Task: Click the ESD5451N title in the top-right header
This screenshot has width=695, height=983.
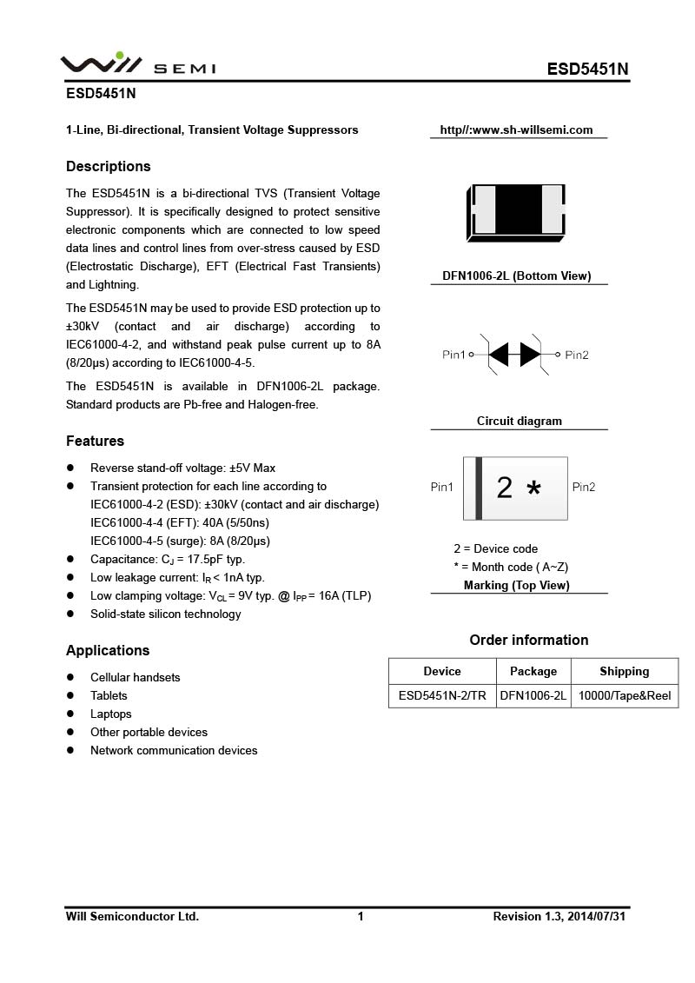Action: [x=587, y=70]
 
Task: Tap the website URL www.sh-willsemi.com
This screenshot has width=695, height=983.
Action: [x=516, y=130]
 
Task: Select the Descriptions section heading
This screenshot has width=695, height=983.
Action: [x=109, y=166]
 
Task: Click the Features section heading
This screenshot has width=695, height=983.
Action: [x=95, y=441]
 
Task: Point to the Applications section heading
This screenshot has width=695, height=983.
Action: [x=108, y=650]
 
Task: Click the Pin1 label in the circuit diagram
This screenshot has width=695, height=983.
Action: [x=454, y=355]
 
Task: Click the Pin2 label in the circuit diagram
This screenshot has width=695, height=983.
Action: [x=577, y=355]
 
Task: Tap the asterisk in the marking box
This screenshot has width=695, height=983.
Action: [x=533, y=489]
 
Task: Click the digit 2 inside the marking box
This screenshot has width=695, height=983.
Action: [x=504, y=488]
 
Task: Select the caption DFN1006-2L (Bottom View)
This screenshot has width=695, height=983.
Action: [x=516, y=276]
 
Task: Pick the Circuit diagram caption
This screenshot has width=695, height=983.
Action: [x=520, y=421]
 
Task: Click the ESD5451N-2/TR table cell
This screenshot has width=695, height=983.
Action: [x=442, y=696]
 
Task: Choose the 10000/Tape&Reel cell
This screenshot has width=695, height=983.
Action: [x=625, y=696]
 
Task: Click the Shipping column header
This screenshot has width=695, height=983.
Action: [x=625, y=671]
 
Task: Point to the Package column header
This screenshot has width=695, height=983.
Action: [x=533, y=671]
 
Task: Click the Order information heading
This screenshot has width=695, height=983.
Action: [x=529, y=640]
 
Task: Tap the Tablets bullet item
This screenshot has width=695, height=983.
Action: [x=109, y=695]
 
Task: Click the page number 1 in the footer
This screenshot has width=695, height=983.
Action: [x=361, y=916]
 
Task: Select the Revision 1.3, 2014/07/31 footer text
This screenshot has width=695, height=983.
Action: [x=559, y=916]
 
